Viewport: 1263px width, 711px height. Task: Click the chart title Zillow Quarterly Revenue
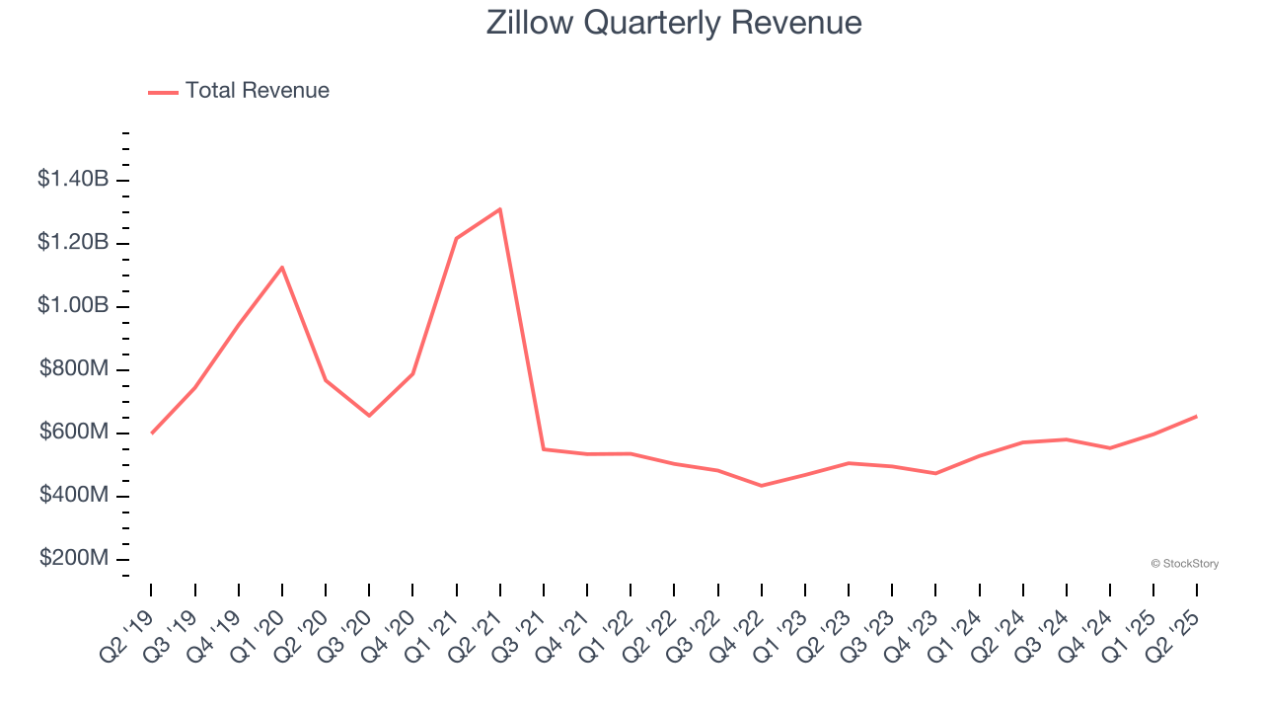click(674, 23)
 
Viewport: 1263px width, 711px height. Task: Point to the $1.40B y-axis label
click(73, 180)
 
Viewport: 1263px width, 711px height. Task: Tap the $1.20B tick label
click(73, 243)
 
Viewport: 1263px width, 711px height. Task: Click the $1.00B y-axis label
click(73, 306)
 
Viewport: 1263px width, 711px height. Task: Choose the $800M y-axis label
click(74, 369)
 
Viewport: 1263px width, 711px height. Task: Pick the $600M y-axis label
click(74, 433)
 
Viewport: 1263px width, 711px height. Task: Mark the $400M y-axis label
click(74, 495)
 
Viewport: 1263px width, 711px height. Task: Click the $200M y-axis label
click(74, 558)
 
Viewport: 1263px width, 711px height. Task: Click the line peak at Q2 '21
click(500, 209)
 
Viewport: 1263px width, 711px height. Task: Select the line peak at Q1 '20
click(282, 268)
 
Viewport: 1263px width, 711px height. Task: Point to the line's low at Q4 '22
click(762, 486)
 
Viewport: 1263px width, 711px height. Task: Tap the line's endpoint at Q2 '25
click(1197, 416)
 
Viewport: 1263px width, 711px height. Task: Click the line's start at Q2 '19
click(152, 433)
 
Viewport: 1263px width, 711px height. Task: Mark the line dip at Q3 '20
click(369, 416)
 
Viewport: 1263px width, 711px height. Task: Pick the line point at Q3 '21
click(544, 449)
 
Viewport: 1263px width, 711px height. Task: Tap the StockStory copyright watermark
click(1184, 564)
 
